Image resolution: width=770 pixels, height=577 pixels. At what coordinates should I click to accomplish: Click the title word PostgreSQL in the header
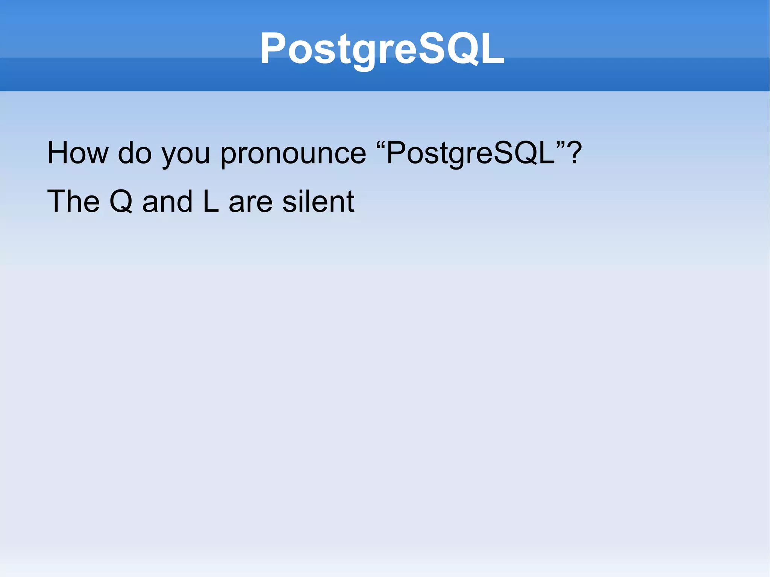[x=382, y=49]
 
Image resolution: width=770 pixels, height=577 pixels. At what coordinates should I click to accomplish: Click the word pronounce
[x=293, y=154]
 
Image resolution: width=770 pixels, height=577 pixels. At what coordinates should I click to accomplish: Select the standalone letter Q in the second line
[x=121, y=202]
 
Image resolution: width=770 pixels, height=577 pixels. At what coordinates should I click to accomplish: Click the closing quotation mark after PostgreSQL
[x=561, y=144]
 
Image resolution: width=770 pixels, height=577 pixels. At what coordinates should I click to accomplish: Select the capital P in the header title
[x=273, y=48]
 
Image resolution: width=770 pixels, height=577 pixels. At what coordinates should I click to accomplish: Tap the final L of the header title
[x=491, y=48]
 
